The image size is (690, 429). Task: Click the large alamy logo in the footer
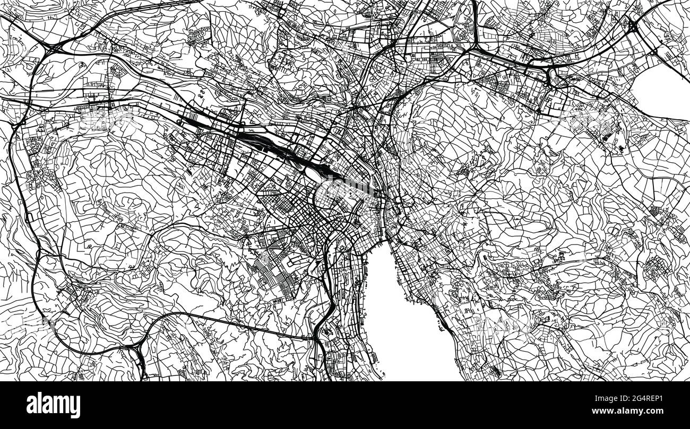[x=53, y=405]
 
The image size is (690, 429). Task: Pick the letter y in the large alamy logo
[x=75, y=407]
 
